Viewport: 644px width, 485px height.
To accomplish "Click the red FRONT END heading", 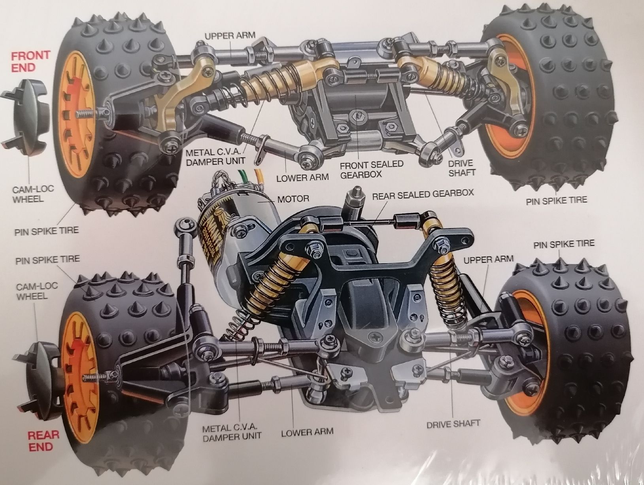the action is click(x=30, y=61).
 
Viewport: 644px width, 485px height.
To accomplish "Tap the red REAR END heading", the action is click(x=43, y=440).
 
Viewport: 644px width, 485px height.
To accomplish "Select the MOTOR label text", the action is click(x=293, y=199).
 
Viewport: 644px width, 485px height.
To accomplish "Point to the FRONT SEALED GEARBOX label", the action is click(x=372, y=169).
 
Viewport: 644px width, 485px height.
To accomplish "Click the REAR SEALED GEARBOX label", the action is click(x=423, y=194).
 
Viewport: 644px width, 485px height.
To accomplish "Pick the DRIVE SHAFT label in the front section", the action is click(x=462, y=168).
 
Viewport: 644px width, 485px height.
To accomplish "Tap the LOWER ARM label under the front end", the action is click(x=302, y=177).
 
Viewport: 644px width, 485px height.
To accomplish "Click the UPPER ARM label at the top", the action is click(x=230, y=36).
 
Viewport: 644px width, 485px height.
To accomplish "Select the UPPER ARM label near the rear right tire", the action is click(x=489, y=259).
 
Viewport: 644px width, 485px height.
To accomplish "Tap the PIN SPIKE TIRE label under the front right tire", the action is click(x=556, y=200).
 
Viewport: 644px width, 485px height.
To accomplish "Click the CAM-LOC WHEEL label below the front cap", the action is click(x=33, y=194).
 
